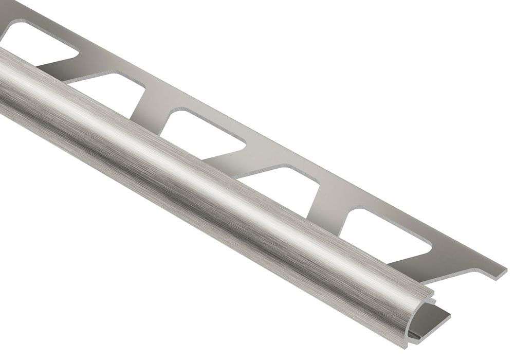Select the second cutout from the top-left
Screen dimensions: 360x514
click(x=111, y=90)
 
